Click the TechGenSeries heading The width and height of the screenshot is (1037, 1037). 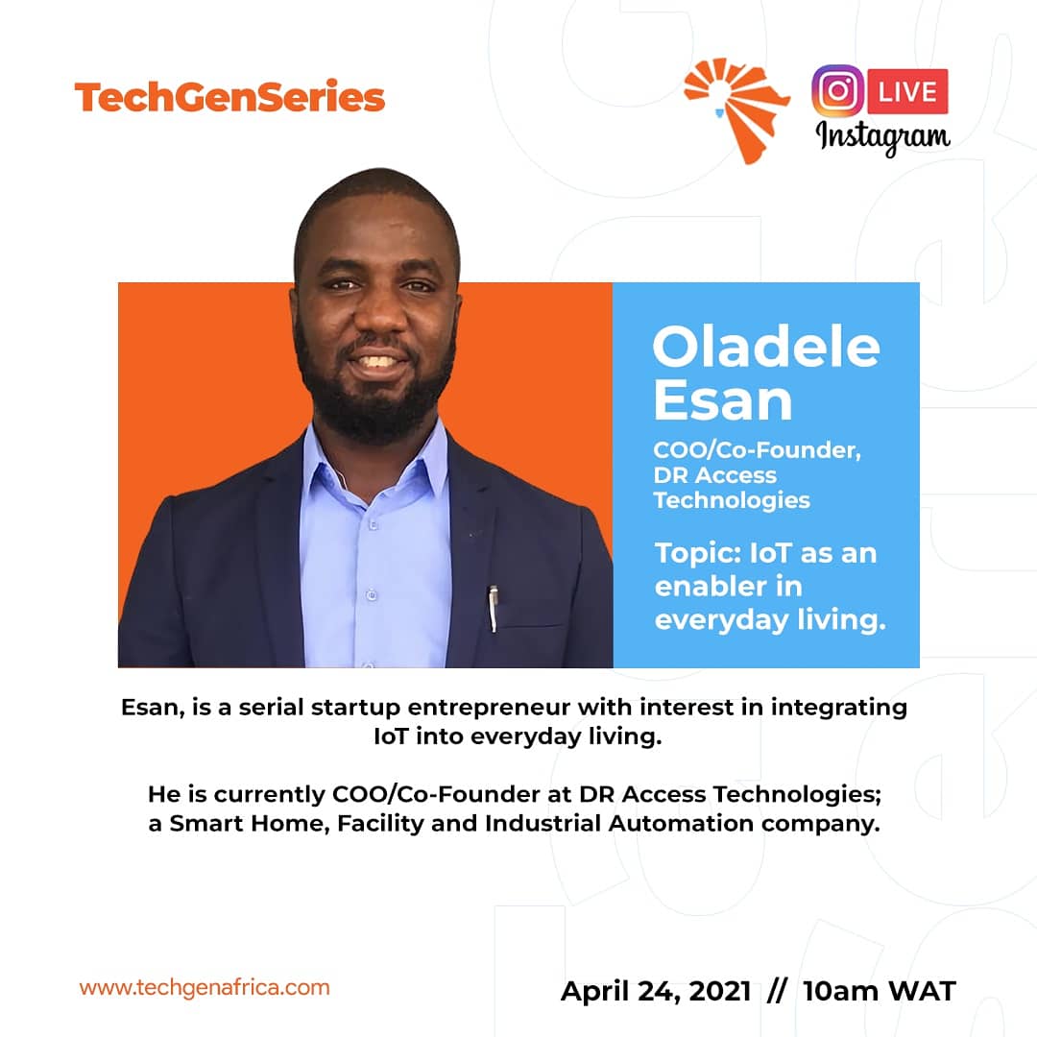click(229, 97)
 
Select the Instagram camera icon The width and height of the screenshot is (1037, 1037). click(837, 92)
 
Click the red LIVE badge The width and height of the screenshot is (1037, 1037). click(907, 92)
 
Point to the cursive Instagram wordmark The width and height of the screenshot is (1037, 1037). click(882, 137)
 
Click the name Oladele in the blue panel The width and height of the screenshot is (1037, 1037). click(765, 348)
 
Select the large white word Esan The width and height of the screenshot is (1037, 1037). click(723, 400)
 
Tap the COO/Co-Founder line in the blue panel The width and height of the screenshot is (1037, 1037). click(757, 450)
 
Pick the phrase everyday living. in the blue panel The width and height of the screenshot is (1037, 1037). click(769, 620)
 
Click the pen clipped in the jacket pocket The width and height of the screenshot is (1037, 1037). click(493, 607)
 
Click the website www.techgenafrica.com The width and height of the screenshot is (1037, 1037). click(204, 987)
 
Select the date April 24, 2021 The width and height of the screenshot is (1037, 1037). click(656, 991)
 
